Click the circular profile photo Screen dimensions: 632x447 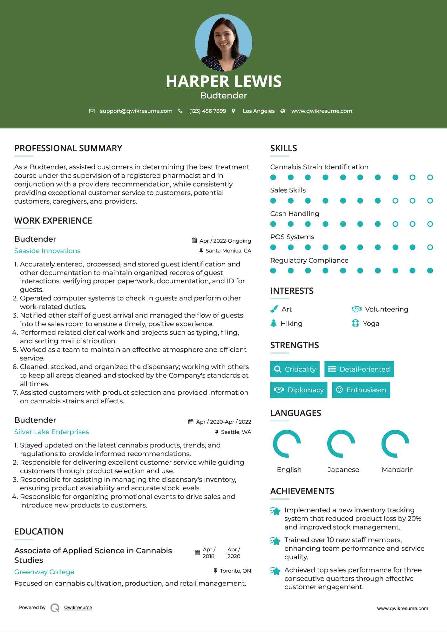click(x=223, y=43)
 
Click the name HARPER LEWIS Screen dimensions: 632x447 click(x=223, y=81)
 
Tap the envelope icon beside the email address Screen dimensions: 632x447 click(x=92, y=111)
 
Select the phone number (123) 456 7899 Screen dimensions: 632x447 click(x=207, y=111)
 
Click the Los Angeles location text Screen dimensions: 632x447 click(x=258, y=111)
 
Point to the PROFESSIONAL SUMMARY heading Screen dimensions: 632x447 click(x=68, y=148)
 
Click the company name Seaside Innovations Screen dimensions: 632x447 click(x=47, y=251)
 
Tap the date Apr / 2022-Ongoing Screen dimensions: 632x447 click(x=225, y=241)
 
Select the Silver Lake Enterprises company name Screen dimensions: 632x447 click(x=51, y=432)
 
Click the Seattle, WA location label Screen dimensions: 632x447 click(x=236, y=432)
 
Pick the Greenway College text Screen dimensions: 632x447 click(x=44, y=572)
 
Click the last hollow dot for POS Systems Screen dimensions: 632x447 click(x=430, y=247)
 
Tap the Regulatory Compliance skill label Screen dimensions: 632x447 click(x=309, y=260)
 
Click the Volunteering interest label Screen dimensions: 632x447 click(x=386, y=309)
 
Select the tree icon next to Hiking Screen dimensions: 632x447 click(x=274, y=323)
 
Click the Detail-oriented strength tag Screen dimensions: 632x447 click(x=359, y=369)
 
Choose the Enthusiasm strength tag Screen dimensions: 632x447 click(x=361, y=390)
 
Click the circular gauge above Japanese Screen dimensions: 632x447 click(x=341, y=444)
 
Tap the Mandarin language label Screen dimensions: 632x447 click(x=397, y=470)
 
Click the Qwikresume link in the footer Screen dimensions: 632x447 click(x=78, y=608)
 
